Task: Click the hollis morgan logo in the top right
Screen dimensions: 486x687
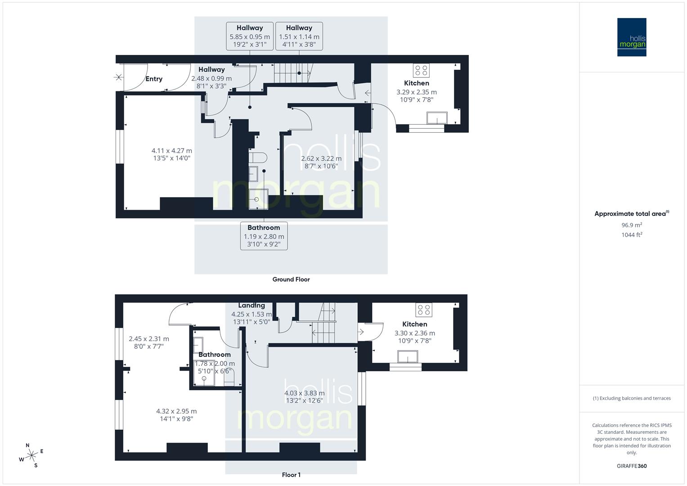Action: point(631,37)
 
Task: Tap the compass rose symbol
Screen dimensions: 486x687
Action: point(31,455)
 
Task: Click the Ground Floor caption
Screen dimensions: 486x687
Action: point(291,279)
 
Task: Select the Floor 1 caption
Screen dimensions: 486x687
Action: point(291,475)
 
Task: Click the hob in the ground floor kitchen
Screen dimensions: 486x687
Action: point(422,71)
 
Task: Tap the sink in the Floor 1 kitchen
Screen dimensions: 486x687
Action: point(409,357)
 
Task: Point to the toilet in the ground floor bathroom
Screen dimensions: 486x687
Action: point(258,157)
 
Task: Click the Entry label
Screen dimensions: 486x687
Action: point(154,79)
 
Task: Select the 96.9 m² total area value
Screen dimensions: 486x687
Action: point(631,225)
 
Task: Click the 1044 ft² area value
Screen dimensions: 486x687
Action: point(631,234)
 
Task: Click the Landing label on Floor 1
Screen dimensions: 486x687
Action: point(251,306)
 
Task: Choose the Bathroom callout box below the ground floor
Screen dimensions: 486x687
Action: point(264,236)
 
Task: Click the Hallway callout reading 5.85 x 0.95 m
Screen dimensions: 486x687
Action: point(250,36)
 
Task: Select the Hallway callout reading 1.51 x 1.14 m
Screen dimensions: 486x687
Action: point(299,36)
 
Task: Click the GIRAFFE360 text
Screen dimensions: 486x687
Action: point(631,466)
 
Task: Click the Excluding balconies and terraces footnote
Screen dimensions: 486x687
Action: point(631,398)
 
